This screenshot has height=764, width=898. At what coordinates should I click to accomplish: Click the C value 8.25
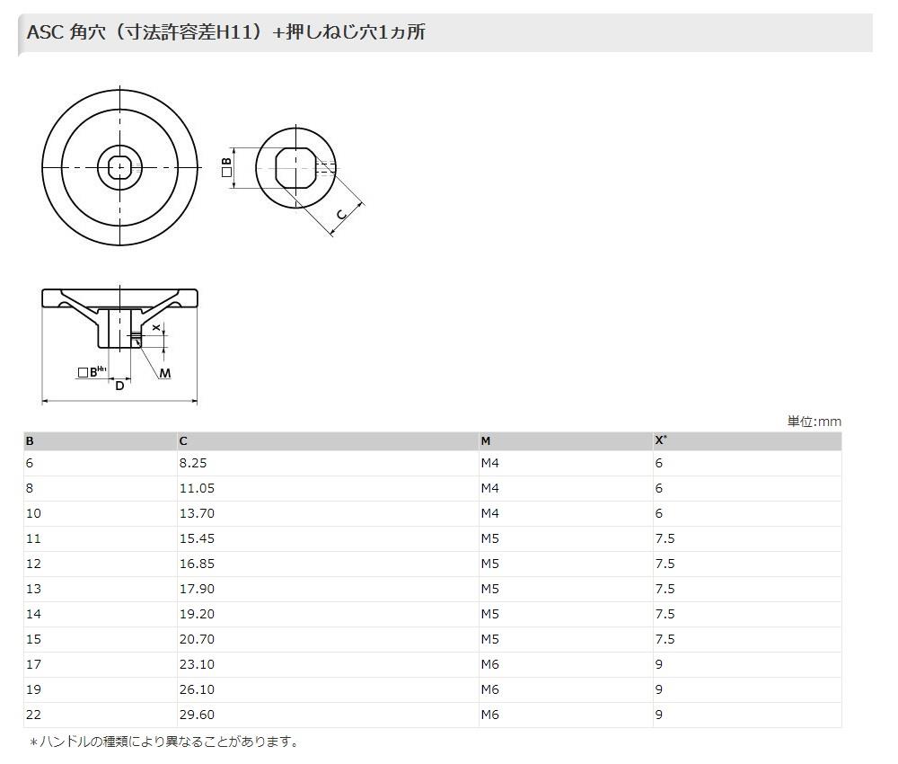(192, 463)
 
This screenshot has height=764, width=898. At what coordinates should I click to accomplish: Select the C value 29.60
(197, 715)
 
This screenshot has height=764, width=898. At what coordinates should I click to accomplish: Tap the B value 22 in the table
(34, 715)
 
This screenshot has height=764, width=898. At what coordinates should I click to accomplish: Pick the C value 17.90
(197, 589)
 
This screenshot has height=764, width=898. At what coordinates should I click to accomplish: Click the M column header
(486, 440)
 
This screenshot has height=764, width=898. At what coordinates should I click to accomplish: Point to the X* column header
(661, 440)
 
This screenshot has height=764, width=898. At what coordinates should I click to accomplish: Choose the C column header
(183, 440)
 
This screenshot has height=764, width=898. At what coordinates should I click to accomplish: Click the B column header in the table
(30, 440)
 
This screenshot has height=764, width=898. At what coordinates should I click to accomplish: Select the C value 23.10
(197, 664)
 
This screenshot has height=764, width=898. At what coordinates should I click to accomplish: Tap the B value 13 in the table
(34, 589)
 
